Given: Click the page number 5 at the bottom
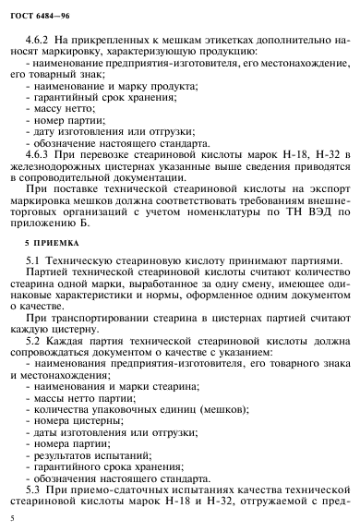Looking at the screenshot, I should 7,519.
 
